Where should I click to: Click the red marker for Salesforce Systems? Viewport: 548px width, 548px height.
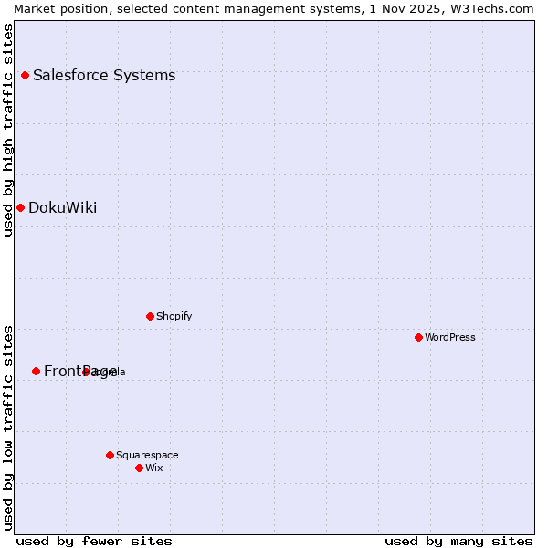[x=25, y=75]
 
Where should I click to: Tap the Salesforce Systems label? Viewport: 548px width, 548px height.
[x=104, y=75]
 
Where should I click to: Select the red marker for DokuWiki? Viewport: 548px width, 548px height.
[x=20, y=207]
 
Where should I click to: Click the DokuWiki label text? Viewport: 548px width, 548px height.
[x=62, y=207]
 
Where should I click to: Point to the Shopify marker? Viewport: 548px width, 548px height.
[x=150, y=316]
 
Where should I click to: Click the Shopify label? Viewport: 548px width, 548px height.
[x=174, y=316]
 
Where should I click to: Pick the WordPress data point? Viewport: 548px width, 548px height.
[x=418, y=337]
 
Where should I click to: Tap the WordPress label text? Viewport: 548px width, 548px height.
[x=450, y=337]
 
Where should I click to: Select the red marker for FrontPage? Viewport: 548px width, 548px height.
[x=36, y=371]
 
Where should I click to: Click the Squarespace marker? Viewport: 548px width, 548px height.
[x=110, y=455]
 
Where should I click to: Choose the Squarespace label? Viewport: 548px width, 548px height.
[x=147, y=455]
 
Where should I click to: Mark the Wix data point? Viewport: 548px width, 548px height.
[x=139, y=468]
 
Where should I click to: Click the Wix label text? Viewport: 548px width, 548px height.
[x=154, y=468]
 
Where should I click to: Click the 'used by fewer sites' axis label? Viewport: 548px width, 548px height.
[x=94, y=541]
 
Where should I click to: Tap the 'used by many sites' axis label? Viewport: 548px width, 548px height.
[x=458, y=541]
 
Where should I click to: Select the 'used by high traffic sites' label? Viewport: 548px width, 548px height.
[x=8, y=130]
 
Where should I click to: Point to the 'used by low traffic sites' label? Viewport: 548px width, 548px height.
[x=8, y=427]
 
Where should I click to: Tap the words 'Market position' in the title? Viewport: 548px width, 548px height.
[x=56, y=8]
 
